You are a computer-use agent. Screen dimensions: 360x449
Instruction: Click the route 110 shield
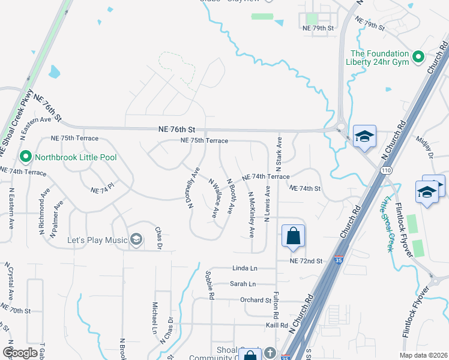[384, 170]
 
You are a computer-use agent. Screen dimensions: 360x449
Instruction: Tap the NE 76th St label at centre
[177, 129]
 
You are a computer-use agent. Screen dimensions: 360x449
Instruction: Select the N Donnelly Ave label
[193, 187]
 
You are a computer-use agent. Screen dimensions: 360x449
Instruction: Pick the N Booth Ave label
[231, 196]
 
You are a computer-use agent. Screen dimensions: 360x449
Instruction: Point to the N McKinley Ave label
[251, 214]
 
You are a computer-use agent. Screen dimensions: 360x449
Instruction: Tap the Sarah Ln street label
[243, 284]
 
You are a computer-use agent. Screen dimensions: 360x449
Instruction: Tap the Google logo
[20, 352]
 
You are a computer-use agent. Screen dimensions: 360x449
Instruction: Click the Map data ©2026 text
[423, 355]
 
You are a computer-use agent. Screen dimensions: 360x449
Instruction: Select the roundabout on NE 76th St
[340, 127]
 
